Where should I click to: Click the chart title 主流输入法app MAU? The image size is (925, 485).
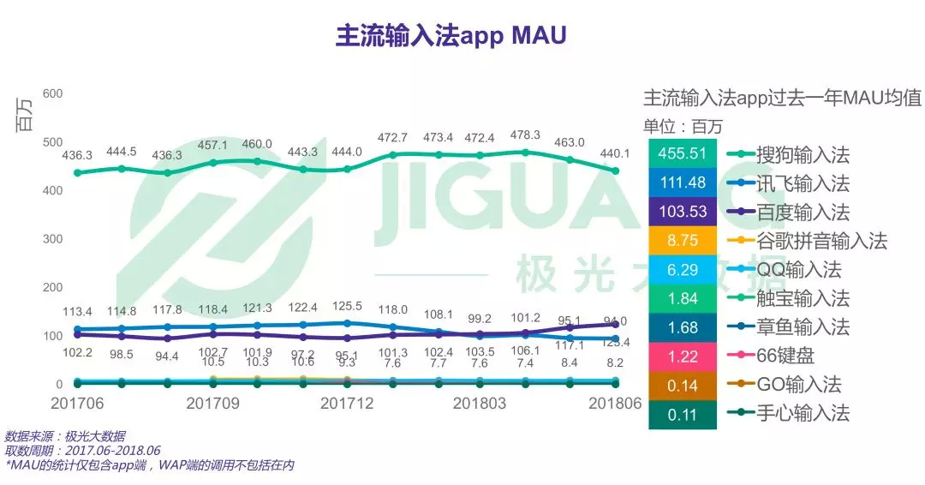tap(451, 36)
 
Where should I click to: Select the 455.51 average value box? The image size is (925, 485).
tap(683, 154)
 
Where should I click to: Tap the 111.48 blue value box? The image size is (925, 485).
tap(683, 183)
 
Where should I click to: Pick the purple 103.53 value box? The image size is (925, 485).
tap(683, 212)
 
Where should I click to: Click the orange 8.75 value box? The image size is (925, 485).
tap(683, 241)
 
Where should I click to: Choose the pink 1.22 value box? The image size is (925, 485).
tap(683, 356)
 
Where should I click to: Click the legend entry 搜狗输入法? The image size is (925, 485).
tap(803, 155)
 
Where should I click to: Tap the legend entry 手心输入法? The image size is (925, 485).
tap(803, 414)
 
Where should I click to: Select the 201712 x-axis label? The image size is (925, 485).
tap(348, 403)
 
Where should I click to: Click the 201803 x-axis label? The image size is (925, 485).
tap(480, 403)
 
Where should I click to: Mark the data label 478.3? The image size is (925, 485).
tap(525, 135)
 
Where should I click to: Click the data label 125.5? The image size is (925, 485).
tap(347, 306)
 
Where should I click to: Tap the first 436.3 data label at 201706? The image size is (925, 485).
tap(77, 155)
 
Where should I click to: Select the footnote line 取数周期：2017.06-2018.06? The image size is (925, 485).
tap(83, 451)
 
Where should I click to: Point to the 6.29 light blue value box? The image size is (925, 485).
tap(683, 270)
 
